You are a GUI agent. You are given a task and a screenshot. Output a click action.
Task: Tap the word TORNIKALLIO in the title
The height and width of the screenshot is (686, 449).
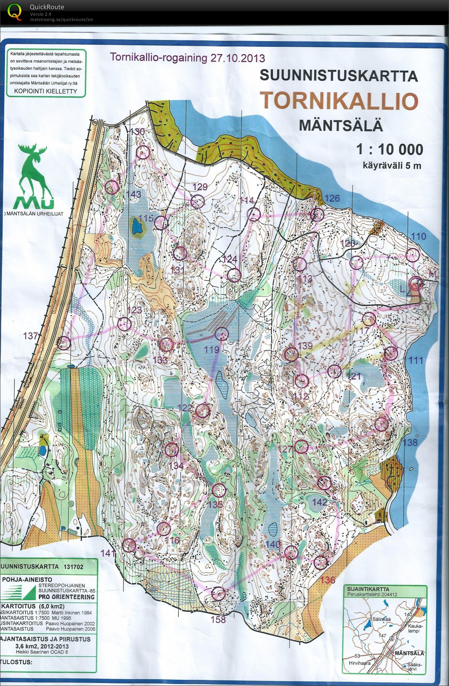[339, 101]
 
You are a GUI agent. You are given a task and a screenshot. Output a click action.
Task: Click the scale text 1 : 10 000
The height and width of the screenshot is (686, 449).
[390, 149]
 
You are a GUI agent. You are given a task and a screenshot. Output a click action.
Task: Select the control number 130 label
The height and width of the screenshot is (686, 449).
[137, 132]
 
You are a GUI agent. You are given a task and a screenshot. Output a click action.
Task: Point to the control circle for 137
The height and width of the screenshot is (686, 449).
[64, 343]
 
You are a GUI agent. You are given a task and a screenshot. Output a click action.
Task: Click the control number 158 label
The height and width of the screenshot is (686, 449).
[218, 619]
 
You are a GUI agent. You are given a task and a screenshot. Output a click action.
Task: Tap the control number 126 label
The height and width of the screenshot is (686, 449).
[332, 198]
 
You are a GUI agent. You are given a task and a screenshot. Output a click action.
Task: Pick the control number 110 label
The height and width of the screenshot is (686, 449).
[419, 237]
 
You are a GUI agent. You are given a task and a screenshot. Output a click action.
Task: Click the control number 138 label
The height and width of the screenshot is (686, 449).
[410, 442]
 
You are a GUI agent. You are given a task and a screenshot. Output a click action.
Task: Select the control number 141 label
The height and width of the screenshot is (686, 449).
[108, 553]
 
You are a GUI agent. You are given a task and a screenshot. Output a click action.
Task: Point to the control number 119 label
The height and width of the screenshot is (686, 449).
[212, 350]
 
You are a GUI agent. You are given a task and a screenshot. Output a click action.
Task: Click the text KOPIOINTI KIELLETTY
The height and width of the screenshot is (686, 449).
[45, 91]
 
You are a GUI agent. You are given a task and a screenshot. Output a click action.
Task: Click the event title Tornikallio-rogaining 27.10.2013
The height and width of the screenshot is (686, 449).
[187, 58]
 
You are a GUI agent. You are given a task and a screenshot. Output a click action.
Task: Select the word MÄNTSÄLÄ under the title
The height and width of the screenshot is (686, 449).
[340, 125]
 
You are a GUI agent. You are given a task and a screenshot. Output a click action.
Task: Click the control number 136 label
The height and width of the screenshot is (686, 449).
[328, 580]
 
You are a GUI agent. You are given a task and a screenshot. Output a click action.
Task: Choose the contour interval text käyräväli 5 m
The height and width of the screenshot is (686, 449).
[392, 166]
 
